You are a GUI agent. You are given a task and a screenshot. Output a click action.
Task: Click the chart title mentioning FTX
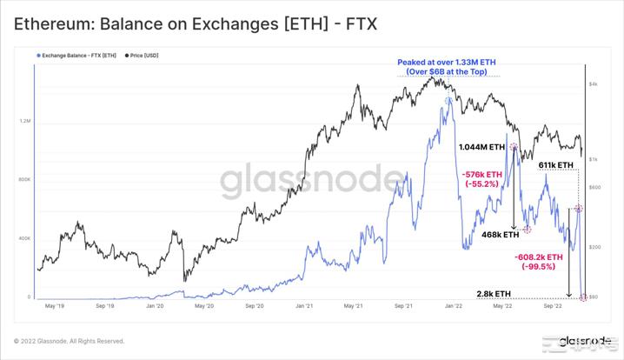pos(195,23)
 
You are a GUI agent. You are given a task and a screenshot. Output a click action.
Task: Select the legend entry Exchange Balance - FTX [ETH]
pos(77,55)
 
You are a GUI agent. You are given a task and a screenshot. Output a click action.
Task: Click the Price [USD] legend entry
pos(146,55)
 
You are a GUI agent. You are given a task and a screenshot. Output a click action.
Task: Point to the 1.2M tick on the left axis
pos(24,122)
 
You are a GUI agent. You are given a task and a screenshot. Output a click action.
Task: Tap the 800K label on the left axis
pos(24,180)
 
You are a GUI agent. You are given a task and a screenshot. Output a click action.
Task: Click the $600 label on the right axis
pos(594,187)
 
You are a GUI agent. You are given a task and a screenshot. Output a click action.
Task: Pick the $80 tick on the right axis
pos(594,297)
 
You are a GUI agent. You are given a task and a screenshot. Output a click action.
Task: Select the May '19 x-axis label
pos(54,306)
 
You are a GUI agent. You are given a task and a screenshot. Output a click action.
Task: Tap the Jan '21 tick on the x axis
pos(304,306)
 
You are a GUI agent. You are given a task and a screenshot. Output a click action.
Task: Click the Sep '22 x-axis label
pos(554,306)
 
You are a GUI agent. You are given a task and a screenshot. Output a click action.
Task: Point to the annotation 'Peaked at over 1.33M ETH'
pos(446,63)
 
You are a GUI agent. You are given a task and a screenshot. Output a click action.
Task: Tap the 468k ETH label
pos(499,234)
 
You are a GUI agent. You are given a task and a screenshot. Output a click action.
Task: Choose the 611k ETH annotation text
pos(555,165)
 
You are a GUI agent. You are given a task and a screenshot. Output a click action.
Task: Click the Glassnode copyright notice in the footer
pos(69,341)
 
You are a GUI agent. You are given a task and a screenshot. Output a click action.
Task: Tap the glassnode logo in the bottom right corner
pos(583,340)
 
